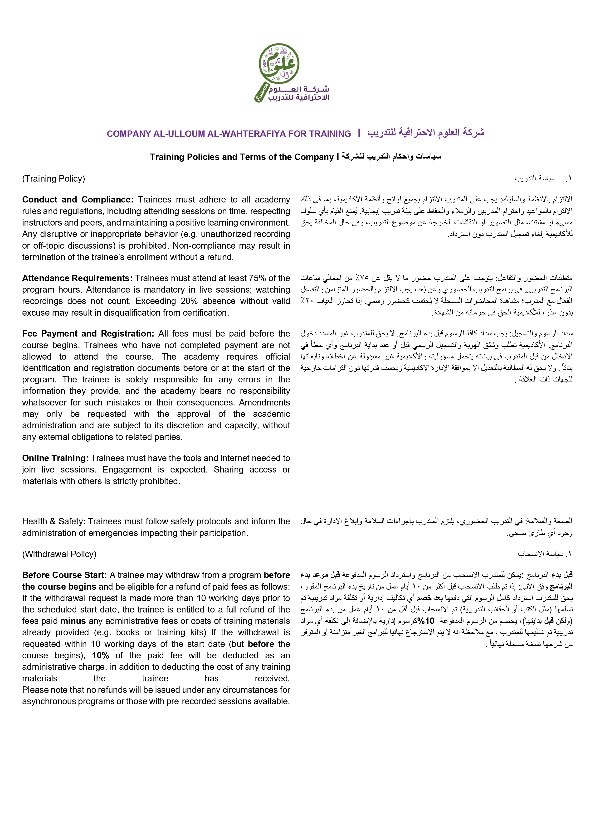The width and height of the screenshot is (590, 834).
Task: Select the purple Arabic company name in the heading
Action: tap(426, 133)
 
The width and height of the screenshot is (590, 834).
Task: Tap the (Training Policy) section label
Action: tap(54, 179)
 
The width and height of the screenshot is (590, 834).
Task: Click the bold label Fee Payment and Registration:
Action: tap(88, 334)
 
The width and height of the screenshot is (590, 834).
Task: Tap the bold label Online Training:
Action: tap(55, 458)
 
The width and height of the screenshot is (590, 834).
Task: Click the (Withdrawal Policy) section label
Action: tap(59, 554)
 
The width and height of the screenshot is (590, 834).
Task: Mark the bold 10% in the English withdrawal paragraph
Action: tap(101, 656)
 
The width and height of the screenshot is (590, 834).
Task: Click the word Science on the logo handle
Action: tap(262, 92)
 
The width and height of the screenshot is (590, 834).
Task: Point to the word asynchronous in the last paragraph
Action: tap(47, 701)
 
